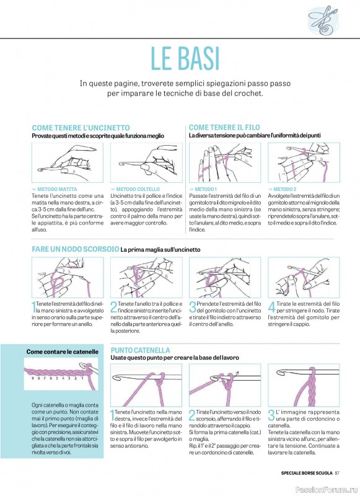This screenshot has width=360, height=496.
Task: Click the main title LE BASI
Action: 185,58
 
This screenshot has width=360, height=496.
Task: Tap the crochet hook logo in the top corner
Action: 322,20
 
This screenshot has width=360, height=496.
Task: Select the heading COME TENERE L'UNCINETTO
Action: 81,128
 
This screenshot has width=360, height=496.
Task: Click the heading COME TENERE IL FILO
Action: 224,128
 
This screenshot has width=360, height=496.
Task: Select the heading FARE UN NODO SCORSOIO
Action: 75,249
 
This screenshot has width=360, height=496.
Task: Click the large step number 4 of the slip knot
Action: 271,307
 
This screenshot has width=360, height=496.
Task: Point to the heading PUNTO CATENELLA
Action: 140,350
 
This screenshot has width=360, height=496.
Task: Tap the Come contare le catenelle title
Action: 62,352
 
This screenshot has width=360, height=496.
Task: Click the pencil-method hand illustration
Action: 68,162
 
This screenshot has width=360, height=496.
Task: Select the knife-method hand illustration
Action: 146,162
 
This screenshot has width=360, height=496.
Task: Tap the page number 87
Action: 337,473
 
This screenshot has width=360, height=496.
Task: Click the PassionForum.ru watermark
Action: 327,489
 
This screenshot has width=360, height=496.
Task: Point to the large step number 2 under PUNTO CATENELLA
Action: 192,415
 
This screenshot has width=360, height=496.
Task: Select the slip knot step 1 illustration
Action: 68,277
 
